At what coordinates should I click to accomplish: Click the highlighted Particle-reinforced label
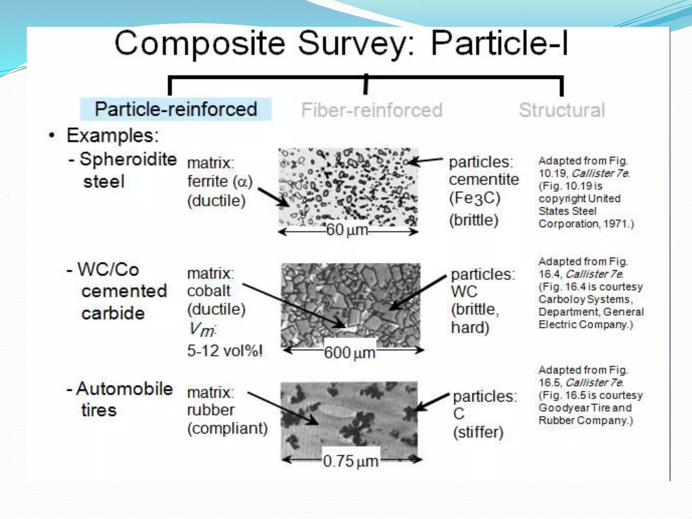[x=176, y=109]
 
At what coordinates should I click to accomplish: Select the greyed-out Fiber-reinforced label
[x=372, y=110]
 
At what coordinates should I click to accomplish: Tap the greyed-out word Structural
[x=562, y=110]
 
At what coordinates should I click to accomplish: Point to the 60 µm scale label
[x=347, y=230]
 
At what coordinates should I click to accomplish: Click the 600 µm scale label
[x=350, y=353]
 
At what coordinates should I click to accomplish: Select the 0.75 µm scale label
[x=350, y=461]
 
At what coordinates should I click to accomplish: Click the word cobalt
[x=209, y=291]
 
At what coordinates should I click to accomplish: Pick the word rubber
[x=211, y=410]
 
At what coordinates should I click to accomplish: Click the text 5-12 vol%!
[x=225, y=351]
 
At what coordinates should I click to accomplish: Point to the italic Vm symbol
[x=202, y=329]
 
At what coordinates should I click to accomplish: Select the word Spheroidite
[x=128, y=159]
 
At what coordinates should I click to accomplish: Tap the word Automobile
[x=124, y=389]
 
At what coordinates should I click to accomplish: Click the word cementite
[x=484, y=179]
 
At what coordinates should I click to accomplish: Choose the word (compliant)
[x=227, y=428]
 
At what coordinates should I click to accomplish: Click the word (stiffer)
[x=478, y=432]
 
